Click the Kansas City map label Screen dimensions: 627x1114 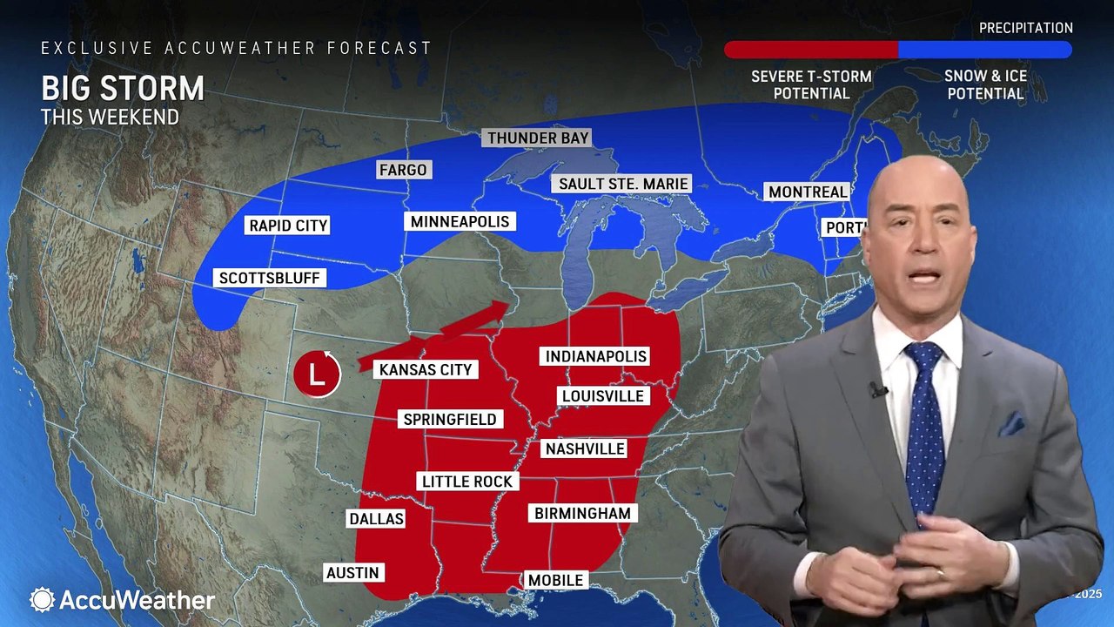pyautogui.click(x=426, y=369)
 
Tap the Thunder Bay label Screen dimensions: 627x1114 pyautogui.click(x=538, y=138)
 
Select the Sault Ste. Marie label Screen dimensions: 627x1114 pyautogui.click(x=623, y=184)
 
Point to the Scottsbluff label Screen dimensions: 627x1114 pyautogui.click(x=270, y=279)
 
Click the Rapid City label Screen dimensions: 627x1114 pyautogui.click(x=288, y=226)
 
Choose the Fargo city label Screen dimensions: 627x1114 pyautogui.click(x=403, y=169)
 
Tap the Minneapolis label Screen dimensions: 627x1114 pyautogui.click(x=460, y=221)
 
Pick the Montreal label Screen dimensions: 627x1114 pyautogui.click(x=807, y=192)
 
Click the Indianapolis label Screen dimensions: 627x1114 pyautogui.click(x=596, y=356)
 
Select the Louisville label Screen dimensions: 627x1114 pyautogui.click(x=603, y=396)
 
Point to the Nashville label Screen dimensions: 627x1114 pyautogui.click(x=584, y=448)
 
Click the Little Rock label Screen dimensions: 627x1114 pyautogui.click(x=467, y=481)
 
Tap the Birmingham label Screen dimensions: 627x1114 pyautogui.click(x=582, y=513)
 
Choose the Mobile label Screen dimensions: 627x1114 pyautogui.click(x=555, y=580)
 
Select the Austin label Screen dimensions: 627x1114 pyautogui.click(x=352, y=572)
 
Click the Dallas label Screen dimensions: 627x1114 pyautogui.click(x=376, y=518)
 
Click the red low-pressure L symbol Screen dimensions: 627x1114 pyautogui.click(x=317, y=374)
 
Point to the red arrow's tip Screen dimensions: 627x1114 pyautogui.click(x=509, y=306)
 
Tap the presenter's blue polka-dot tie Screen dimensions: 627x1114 pyautogui.click(x=924, y=427)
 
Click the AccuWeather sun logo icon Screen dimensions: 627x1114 pyautogui.click(x=42, y=600)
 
